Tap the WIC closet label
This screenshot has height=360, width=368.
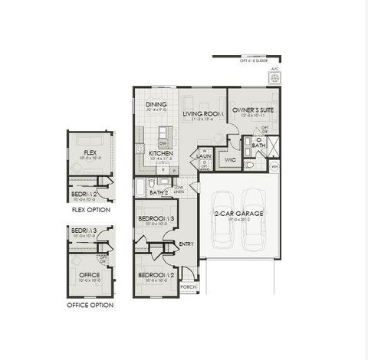[x=229, y=159]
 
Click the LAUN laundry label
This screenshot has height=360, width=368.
[x=204, y=155]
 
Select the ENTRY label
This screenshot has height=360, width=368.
[x=186, y=244]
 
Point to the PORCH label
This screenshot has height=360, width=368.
[x=188, y=288]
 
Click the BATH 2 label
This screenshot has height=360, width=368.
[x=159, y=191]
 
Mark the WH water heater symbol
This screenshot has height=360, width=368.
[x=274, y=165]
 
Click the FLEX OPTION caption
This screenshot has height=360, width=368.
[x=90, y=209]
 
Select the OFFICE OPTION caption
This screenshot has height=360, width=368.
[x=90, y=305]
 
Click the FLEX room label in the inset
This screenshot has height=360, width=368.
[x=90, y=153]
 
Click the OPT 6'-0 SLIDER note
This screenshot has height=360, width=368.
[x=257, y=61]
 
